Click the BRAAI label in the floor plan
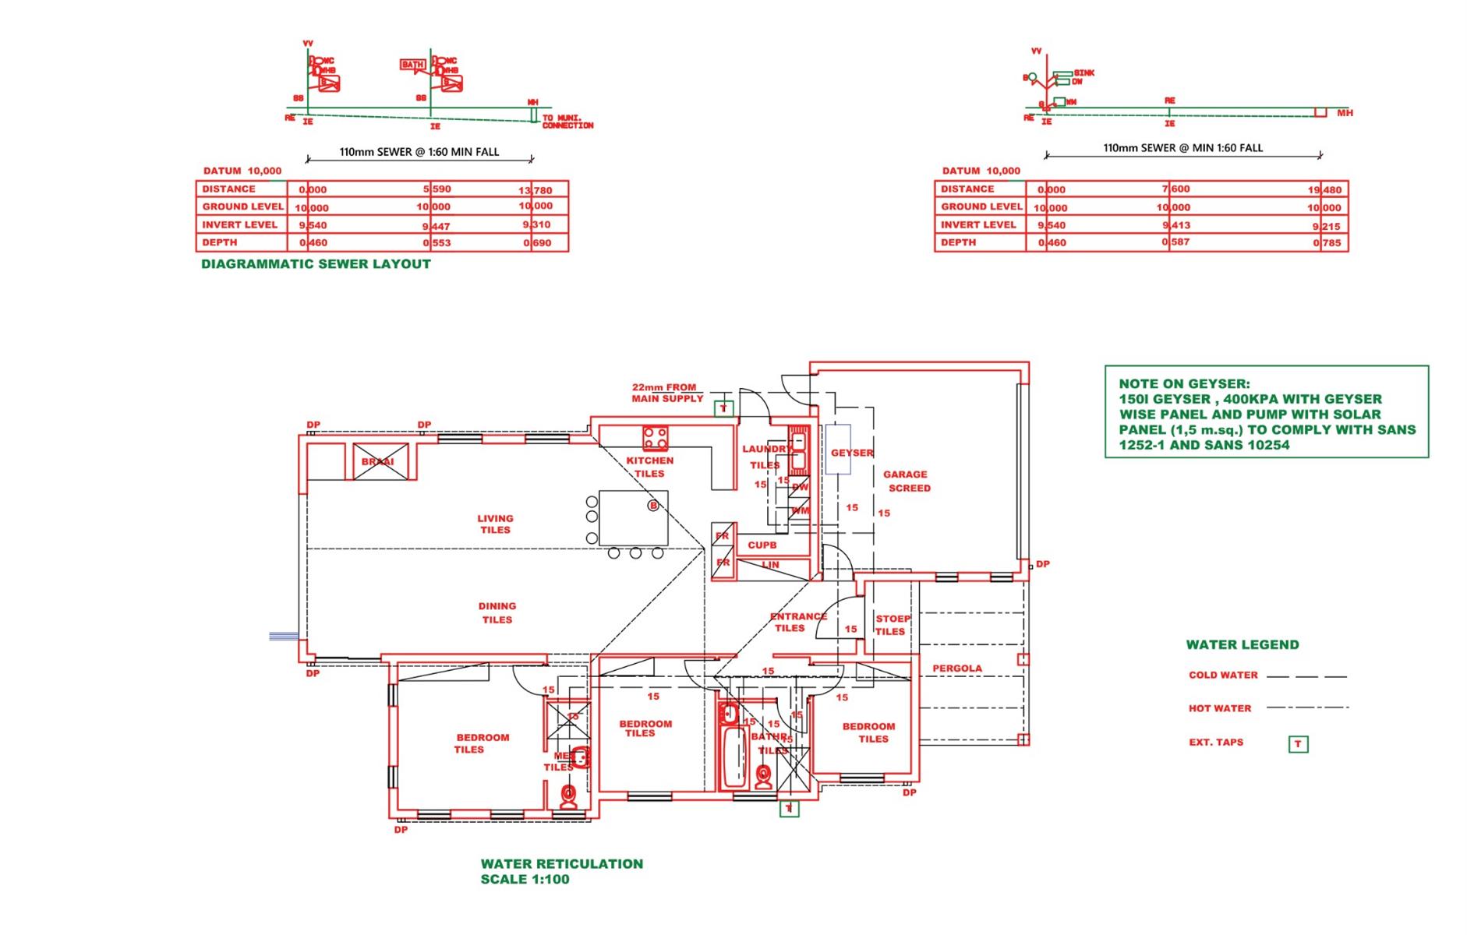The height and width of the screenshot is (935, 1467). coord(378,462)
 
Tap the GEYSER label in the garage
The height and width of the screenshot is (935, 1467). coord(851,453)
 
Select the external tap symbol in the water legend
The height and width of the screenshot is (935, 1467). coord(1298,744)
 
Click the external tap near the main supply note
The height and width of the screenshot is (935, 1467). coord(723,408)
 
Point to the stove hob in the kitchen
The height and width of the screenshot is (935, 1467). coord(655,438)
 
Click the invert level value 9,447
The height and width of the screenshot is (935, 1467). coord(437,226)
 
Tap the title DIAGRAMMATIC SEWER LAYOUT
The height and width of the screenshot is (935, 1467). coord(316,264)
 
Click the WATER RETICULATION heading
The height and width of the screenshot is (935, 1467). coord(561,863)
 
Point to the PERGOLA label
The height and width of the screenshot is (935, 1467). coord(957,669)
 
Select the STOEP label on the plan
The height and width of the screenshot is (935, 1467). coord(893,619)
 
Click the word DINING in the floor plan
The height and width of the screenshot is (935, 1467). coord(497,605)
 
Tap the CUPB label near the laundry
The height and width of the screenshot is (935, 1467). coord(762,545)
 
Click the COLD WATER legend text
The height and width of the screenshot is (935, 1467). coord(1223,676)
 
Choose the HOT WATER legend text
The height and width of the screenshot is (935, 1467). coord(1220,709)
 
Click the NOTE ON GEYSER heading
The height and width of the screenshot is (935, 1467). coord(1184,383)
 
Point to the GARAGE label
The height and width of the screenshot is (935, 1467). coord(905,474)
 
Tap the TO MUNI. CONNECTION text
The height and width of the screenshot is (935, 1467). coord(567,122)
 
